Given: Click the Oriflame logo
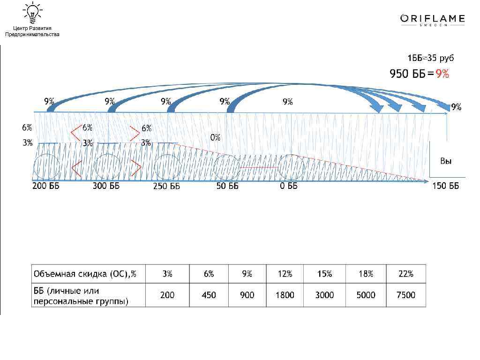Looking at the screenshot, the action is pos(433,20).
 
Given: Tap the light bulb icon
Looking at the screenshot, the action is pos(32,13).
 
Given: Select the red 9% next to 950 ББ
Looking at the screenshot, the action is pos(442,74).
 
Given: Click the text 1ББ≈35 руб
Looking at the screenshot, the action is pos(430,58).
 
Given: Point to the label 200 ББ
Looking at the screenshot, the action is pos(46,186).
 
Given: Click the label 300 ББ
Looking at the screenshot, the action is pos(106,186).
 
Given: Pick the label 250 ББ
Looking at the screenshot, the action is pos(166,186).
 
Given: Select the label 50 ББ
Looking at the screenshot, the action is pos(227,186).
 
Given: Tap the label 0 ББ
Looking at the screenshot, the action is pos(288,186).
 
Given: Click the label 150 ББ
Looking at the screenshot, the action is pos(446,186).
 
